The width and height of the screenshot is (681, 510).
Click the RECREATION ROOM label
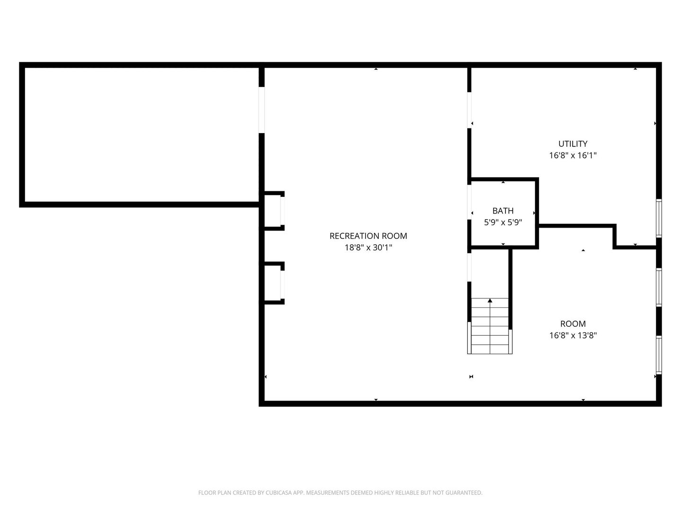pos(368,236)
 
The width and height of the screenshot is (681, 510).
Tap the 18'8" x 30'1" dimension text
pos(368,247)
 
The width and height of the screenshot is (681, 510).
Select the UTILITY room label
pos(573,144)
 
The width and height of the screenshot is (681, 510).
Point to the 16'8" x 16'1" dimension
pos(573,155)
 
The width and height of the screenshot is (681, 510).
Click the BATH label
pos(503,211)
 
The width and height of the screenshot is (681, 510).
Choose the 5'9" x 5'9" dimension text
pos(503,222)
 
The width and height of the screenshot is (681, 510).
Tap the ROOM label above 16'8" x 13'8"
pos(573,324)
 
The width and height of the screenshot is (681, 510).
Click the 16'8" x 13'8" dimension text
pos(573,335)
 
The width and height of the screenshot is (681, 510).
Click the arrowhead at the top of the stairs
pos(490,300)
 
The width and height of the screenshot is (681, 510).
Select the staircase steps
pos(489,326)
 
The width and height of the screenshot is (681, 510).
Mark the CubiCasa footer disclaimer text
pos(340,493)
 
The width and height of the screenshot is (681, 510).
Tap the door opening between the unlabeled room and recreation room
pos(262,110)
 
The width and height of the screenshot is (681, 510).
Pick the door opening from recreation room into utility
pos(469,110)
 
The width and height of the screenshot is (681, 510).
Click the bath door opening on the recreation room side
pos(469,202)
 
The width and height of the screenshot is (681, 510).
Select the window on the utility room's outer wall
pos(659,218)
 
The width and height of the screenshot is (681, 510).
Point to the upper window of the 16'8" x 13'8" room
pos(659,288)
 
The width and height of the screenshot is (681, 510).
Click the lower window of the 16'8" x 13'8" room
pos(659,355)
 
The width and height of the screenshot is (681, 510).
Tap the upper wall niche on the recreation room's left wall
pos(273,211)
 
